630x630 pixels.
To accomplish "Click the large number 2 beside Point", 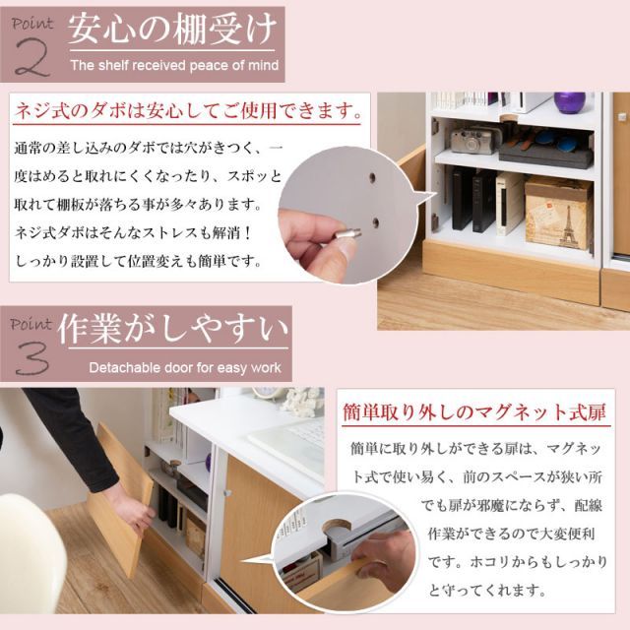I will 32,57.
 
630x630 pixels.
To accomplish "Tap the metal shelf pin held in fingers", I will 346,233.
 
